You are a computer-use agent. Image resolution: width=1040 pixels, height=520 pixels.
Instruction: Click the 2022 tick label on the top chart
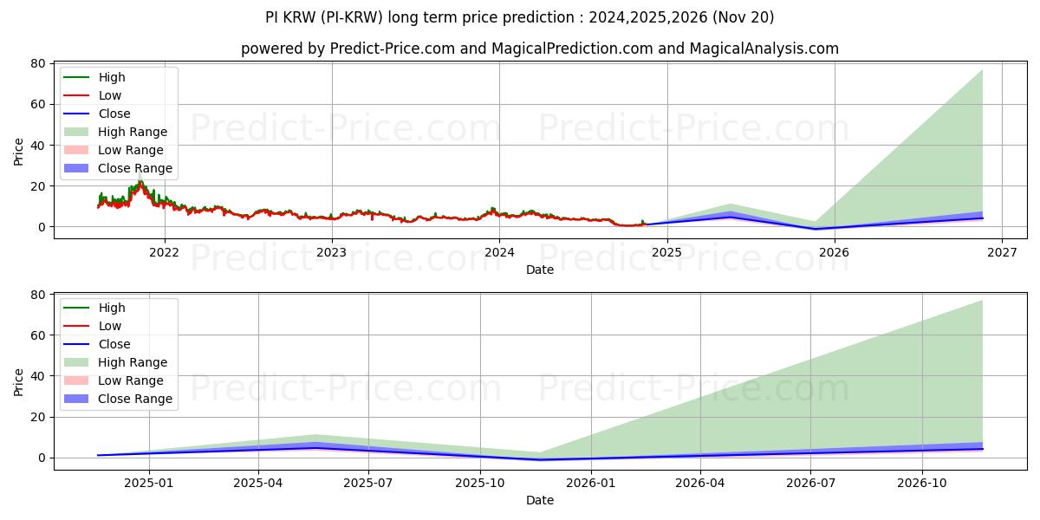[164, 253]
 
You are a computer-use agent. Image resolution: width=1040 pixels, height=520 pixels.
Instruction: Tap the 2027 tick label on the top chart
[1002, 253]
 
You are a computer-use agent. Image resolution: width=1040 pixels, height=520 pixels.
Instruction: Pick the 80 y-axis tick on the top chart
[38, 63]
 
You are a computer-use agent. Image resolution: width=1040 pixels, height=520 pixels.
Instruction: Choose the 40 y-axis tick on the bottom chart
[38, 376]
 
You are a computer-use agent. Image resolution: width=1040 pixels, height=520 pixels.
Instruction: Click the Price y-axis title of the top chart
[19, 151]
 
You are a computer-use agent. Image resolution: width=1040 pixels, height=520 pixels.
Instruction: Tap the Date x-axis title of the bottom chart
[539, 500]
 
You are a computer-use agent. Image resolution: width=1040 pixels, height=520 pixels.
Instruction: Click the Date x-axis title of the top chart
[539, 270]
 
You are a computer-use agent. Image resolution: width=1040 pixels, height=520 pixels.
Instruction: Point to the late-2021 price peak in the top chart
[140, 173]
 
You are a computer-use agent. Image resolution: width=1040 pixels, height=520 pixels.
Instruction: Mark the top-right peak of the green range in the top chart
[982, 70]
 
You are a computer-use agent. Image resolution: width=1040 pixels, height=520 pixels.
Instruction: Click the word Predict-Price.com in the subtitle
[393, 49]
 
